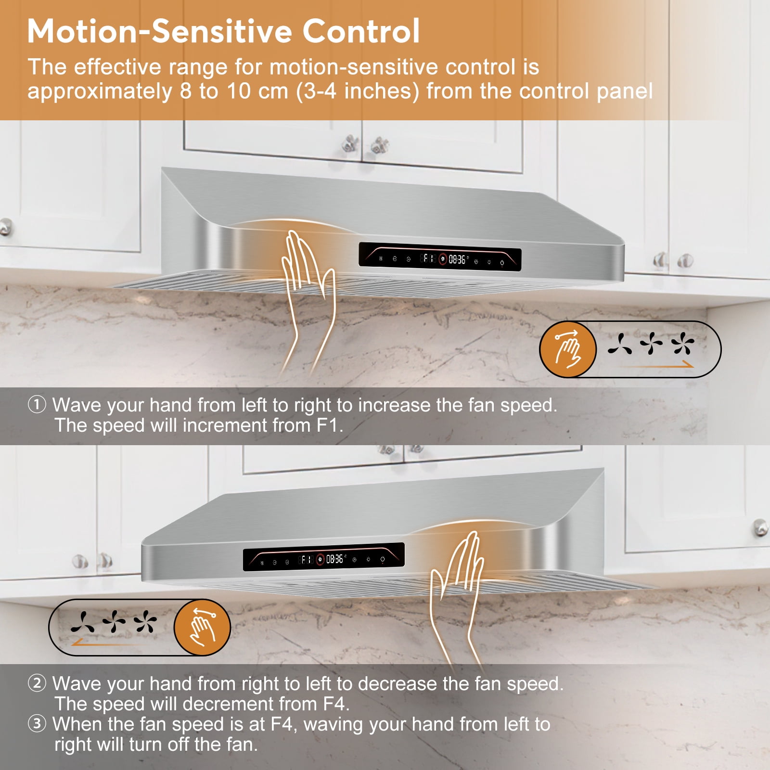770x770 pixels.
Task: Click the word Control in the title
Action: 361,31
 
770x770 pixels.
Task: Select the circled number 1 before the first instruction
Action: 37,405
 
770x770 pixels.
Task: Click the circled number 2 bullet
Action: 37,683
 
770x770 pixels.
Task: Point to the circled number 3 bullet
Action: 37,724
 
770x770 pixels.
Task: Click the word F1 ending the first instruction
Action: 329,425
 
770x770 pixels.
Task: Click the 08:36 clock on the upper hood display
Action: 457,260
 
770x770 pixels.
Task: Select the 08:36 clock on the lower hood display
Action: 335,559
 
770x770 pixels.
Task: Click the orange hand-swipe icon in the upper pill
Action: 568,349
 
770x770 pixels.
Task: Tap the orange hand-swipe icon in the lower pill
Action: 202,627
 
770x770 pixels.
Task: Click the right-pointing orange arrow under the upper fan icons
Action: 655,365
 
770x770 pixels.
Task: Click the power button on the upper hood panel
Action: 502,263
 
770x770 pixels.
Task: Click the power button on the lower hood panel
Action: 383,559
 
